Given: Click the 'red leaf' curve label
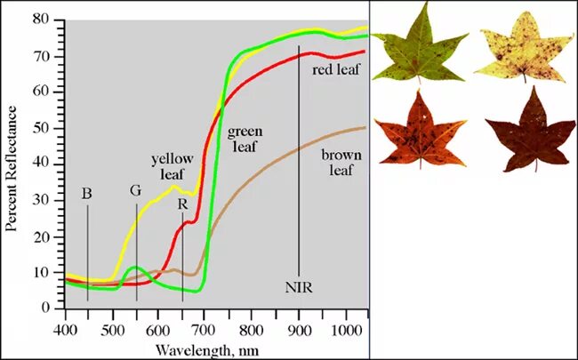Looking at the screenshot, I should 335,69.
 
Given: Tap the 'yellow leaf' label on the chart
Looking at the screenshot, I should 172,166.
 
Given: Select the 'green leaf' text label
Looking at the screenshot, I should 244,140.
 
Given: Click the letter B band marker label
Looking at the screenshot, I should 87,192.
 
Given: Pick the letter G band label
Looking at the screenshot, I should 135,190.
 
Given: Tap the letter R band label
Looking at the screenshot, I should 182,204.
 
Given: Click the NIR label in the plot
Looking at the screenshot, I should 299,287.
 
